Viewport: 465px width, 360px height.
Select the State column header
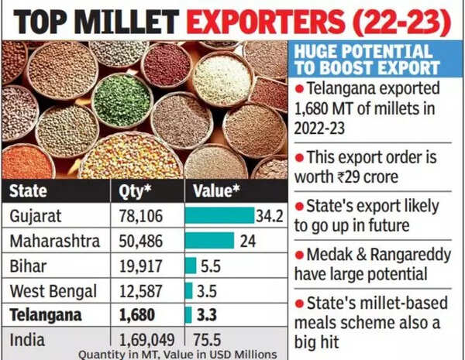pos(29,190)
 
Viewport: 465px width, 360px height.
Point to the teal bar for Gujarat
pos(218,216)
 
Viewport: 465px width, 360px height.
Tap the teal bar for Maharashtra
pos(208,241)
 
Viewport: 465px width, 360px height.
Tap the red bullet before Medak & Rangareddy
pos(299,252)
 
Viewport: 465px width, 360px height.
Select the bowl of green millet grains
pos(122,99)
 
